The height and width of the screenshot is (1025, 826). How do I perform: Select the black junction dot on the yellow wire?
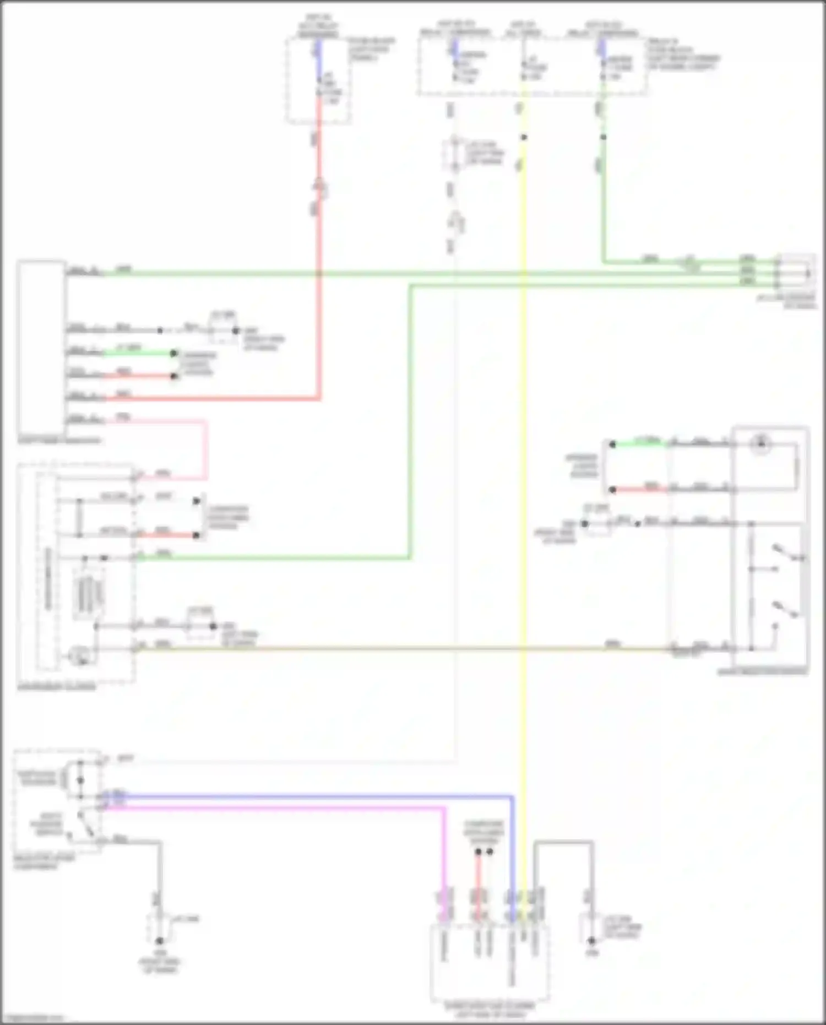coord(524,137)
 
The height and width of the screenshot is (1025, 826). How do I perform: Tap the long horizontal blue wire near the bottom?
coord(308,796)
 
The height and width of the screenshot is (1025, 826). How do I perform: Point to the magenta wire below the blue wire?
coord(275,808)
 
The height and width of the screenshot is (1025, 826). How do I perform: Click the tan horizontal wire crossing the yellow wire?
coord(385,649)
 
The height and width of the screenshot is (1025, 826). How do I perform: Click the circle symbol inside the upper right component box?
coord(762,443)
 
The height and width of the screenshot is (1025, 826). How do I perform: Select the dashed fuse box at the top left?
coord(318,80)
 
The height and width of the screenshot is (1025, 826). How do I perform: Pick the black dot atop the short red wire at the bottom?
coord(478,852)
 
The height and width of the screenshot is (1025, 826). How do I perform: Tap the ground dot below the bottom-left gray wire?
coord(159,941)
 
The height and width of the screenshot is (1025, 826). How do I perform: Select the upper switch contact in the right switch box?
coord(785,554)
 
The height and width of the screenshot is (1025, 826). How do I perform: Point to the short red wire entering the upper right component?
coord(639,489)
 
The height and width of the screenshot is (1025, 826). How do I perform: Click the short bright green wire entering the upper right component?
coord(639,443)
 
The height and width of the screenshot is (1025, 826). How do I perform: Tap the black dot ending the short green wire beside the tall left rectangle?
coord(173,353)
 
